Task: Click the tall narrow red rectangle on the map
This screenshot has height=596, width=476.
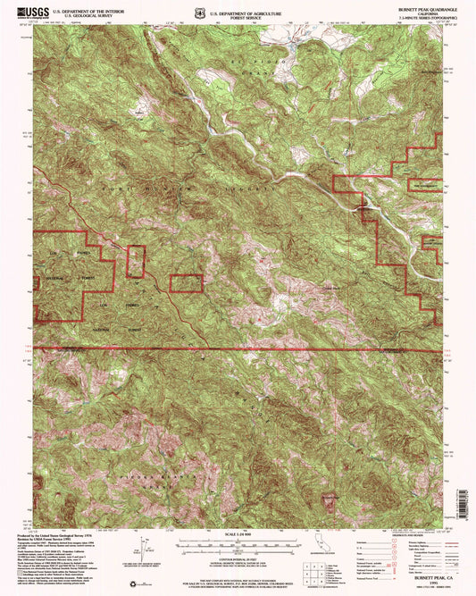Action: [x=136, y=261]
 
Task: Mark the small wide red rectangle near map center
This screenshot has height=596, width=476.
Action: [x=187, y=283]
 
